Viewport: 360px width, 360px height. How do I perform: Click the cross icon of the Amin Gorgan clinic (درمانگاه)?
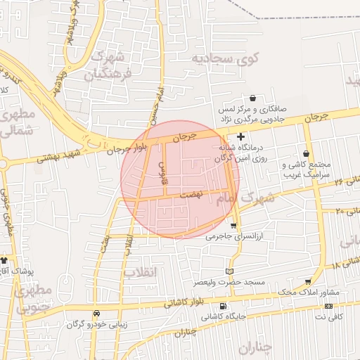[241, 136]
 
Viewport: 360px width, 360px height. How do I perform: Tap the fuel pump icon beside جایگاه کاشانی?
[223, 307]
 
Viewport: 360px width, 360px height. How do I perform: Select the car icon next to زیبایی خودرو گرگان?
[96, 314]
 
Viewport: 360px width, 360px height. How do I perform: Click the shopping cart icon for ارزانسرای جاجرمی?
[233, 226]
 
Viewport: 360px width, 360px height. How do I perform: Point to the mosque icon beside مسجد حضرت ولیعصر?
[229, 271]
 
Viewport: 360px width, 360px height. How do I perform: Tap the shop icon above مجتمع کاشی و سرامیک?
[305, 153]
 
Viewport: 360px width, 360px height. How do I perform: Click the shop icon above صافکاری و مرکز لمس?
[252, 98]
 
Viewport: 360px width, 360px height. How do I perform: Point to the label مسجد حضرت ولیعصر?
[229, 283]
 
